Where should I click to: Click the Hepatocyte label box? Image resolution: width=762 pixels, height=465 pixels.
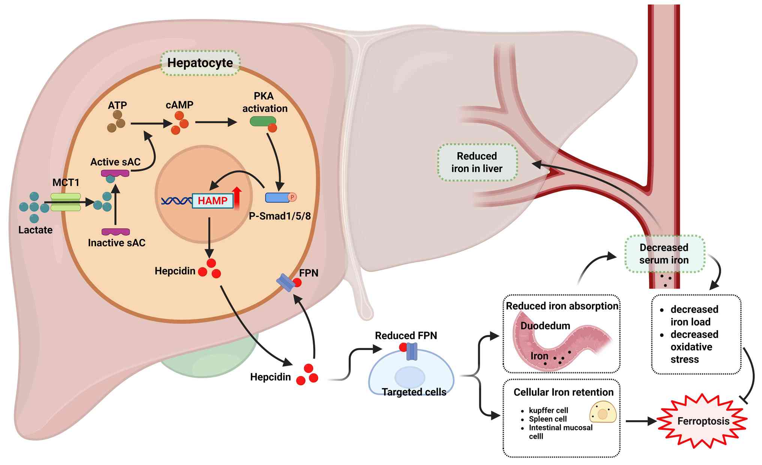(200, 63)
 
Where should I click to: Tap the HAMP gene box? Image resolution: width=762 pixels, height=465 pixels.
(212, 201)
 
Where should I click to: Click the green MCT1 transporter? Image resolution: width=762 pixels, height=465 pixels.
(66, 202)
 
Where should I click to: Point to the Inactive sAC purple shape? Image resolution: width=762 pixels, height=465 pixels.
(115, 232)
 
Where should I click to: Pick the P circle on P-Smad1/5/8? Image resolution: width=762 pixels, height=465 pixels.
(292, 197)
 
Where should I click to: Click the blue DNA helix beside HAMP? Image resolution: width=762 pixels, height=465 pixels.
(176, 201)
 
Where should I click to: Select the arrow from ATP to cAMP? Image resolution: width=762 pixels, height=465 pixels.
(150, 123)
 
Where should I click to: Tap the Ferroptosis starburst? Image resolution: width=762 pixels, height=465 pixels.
(703, 421)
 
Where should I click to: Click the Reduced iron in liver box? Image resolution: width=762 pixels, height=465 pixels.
(477, 162)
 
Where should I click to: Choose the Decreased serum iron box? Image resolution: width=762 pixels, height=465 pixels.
(664, 254)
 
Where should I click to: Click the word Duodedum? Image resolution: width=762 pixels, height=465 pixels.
(545, 326)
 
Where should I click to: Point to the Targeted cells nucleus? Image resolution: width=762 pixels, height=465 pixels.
(410, 377)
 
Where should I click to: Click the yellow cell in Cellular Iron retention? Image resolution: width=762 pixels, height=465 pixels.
(603, 412)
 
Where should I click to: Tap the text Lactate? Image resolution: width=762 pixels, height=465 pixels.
(35, 230)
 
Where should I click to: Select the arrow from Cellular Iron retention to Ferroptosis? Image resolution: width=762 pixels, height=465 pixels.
(640, 421)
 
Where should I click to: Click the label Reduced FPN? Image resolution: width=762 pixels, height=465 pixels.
(406, 335)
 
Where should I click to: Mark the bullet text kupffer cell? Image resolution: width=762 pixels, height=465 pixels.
(548, 410)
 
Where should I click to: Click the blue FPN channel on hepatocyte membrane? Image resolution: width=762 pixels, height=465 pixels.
(286, 283)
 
